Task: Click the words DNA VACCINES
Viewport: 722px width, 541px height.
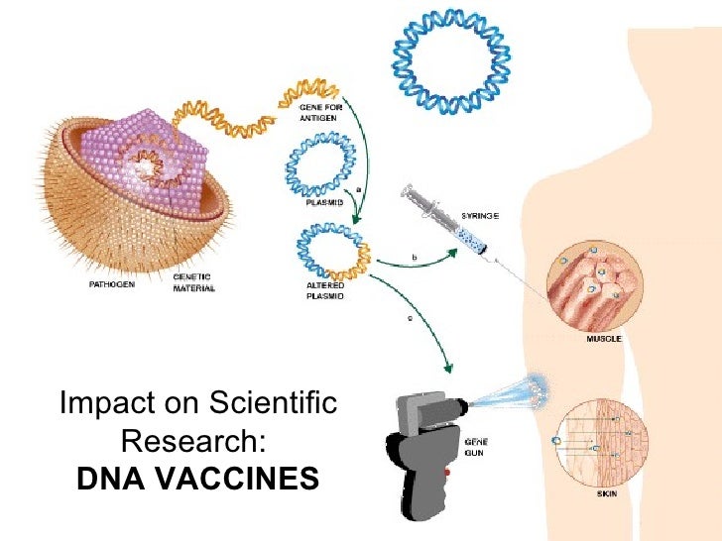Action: [x=197, y=479]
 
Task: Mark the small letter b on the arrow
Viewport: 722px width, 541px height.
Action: [x=414, y=259]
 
